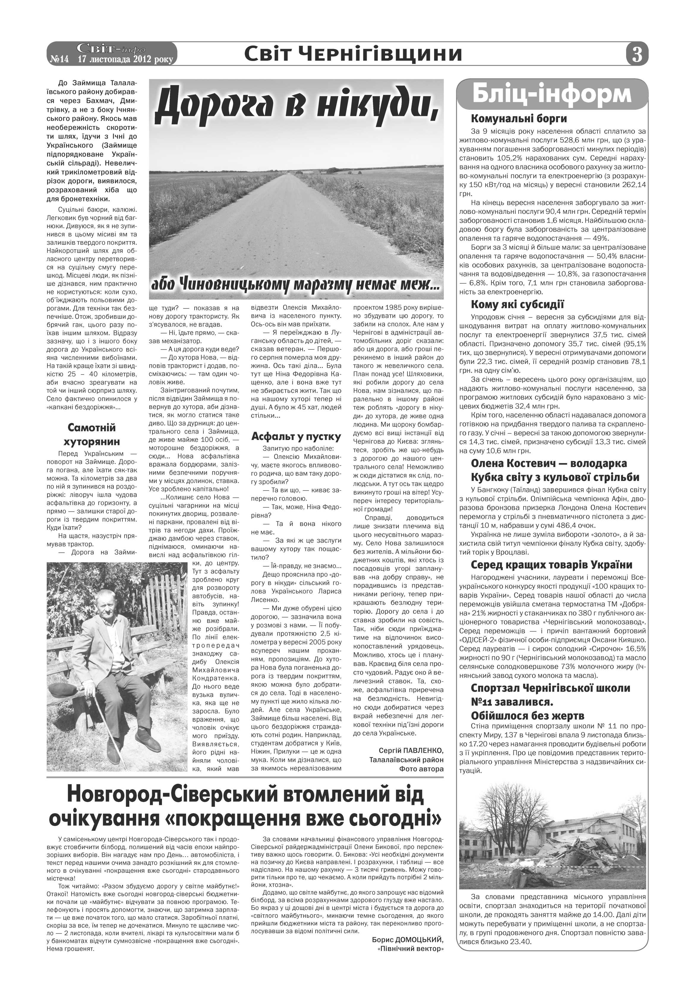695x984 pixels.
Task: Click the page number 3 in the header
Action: pyautogui.click(x=637, y=55)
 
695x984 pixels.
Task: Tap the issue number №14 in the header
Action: pyautogui.click(x=59, y=59)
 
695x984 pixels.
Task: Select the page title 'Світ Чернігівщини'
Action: pyautogui.click(x=353, y=54)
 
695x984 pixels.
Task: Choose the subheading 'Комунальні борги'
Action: pyautogui.click(x=519, y=119)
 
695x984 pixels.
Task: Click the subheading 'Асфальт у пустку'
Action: pyautogui.click(x=296, y=436)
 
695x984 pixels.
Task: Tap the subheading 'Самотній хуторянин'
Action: pyautogui.click(x=92, y=434)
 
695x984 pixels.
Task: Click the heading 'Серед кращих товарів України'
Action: pyautogui.click(x=545, y=565)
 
